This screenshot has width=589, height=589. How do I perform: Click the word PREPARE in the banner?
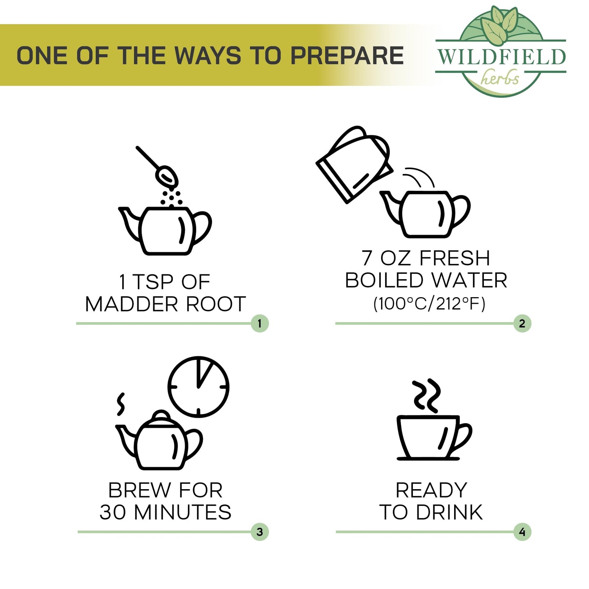point(346,55)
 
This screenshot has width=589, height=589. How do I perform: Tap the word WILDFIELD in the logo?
point(501,57)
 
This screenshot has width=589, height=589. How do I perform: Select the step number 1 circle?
point(260,323)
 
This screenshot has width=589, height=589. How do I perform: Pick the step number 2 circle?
point(522,323)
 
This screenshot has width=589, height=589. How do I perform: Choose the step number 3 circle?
point(260,532)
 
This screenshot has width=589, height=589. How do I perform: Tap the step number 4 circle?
point(522,532)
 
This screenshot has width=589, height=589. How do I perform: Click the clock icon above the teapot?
point(199,387)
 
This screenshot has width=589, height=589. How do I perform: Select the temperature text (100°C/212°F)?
point(430,304)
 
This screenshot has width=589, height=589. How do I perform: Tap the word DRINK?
point(449,512)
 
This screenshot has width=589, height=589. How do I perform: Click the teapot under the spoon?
point(165,231)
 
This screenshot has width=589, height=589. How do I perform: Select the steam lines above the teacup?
point(427,395)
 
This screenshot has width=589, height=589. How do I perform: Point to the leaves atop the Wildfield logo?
point(499,22)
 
